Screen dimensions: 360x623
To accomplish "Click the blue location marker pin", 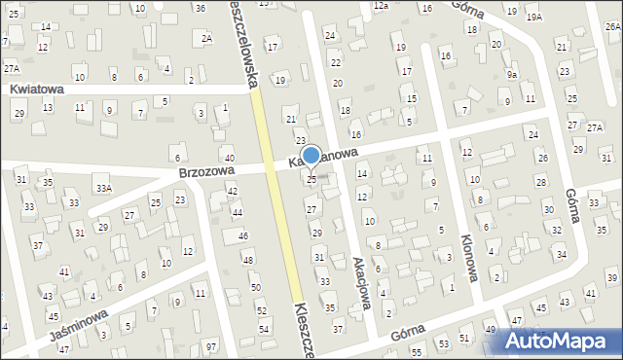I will pos(311,156).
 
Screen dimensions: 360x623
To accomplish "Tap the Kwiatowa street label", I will pos(37,89).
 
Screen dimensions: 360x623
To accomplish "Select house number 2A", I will pos(206,38).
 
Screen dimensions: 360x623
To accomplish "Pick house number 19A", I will pos(534,18).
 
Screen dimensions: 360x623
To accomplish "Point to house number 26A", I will pos(612,26).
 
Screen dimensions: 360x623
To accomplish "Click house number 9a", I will pos(512,74).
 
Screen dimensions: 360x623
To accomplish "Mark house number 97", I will pos(211,347).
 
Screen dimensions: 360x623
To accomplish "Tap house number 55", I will pos(416,351).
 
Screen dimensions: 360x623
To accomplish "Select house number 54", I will pos(264,330).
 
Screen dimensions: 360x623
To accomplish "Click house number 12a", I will pos(380,6).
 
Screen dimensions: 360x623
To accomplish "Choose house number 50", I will pos(255,288).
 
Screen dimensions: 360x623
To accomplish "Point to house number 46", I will pos(243,236).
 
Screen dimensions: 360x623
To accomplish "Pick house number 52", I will pos(262,310).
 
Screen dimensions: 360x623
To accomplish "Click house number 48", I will pos(248,260).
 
